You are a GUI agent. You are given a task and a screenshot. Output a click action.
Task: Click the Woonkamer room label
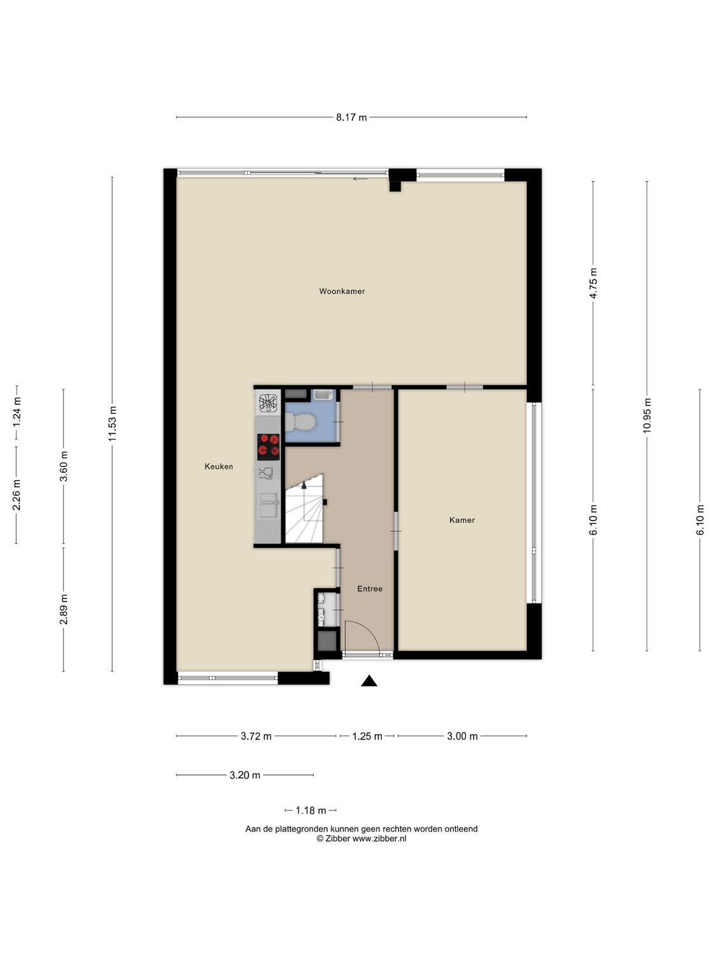[342, 292]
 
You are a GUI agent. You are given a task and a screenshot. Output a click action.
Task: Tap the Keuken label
[218, 467]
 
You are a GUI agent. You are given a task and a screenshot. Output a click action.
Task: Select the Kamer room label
[461, 520]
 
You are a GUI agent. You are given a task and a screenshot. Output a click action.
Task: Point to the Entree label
[370, 589]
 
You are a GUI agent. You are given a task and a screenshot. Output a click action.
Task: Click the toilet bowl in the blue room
[299, 421]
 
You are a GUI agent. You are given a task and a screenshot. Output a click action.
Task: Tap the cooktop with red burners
[268, 446]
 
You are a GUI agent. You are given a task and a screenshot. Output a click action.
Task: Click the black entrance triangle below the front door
[369, 681]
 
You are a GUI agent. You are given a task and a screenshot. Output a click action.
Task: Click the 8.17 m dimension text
[351, 117]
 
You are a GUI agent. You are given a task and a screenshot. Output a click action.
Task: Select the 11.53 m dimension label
[112, 424]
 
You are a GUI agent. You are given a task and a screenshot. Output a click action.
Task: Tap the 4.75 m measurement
[593, 283]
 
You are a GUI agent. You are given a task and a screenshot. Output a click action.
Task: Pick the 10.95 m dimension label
[647, 416]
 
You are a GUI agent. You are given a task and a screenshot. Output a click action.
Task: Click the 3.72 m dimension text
[256, 737]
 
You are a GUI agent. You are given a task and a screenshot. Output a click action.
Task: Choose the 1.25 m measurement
[367, 737]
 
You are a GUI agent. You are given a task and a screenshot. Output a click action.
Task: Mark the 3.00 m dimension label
[462, 737]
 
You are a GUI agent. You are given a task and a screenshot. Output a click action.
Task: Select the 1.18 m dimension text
[311, 810]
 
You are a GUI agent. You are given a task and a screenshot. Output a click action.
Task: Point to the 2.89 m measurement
[63, 609]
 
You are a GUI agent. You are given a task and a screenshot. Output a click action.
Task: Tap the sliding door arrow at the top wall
[360, 179]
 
